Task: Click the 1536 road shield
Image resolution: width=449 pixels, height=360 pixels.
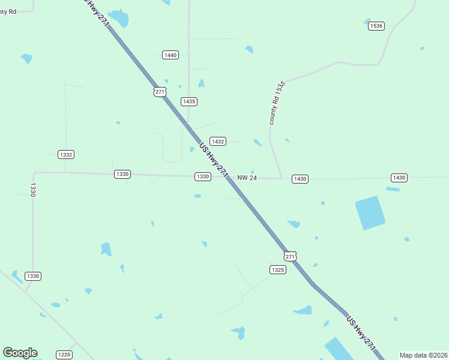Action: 376,26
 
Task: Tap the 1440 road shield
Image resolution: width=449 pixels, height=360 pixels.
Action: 170,55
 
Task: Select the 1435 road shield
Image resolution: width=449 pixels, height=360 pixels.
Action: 189,101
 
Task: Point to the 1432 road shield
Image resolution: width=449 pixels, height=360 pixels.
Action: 217,142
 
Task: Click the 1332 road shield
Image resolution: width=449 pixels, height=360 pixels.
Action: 66,155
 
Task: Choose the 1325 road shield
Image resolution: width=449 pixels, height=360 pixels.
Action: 277,270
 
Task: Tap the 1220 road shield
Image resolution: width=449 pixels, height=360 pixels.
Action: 64,355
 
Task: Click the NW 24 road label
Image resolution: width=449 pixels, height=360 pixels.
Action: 247,178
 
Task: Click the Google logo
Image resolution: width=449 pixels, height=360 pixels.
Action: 20,353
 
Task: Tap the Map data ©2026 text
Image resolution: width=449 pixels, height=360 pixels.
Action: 424,355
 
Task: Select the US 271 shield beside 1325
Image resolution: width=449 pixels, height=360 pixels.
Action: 291,256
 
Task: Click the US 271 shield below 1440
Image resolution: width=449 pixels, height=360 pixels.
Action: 159,92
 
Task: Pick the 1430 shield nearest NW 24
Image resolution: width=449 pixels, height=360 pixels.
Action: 300,179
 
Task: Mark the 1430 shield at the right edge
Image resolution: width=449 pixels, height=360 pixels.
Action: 399,178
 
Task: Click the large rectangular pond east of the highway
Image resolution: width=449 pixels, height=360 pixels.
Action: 370,213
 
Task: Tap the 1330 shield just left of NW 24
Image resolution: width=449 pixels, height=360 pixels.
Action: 202,176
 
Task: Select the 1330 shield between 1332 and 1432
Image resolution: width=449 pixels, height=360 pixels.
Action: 122,174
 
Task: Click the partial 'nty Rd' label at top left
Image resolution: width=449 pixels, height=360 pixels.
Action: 8,11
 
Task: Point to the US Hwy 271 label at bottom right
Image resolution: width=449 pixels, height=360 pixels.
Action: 361,333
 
